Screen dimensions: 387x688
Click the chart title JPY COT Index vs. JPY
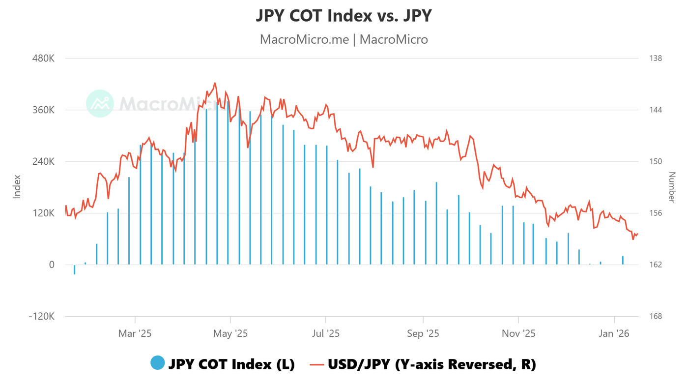click(344, 16)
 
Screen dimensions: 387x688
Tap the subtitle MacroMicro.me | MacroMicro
click(344, 39)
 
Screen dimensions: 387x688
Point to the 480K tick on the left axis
click(43, 59)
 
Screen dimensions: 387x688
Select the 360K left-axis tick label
click(43, 110)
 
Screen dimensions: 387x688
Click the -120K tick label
click(42, 317)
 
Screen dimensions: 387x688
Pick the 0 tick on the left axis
click(51, 265)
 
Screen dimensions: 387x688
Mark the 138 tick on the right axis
click(656, 59)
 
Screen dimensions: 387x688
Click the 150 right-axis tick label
click(656, 162)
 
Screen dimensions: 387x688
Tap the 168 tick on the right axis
click(656, 317)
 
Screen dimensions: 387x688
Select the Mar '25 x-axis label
click(135, 334)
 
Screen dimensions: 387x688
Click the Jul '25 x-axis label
click(326, 334)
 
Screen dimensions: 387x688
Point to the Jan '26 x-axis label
click(614, 334)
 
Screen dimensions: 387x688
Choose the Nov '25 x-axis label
click(518, 334)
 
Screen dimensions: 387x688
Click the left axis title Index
click(17, 187)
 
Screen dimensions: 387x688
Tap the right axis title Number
click(672, 187)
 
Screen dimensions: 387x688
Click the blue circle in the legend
click(158, 363)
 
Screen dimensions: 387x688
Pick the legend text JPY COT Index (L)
click(231, 364)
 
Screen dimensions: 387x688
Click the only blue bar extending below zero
click(74, 269)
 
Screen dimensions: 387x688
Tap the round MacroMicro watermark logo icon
click(100, 103)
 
